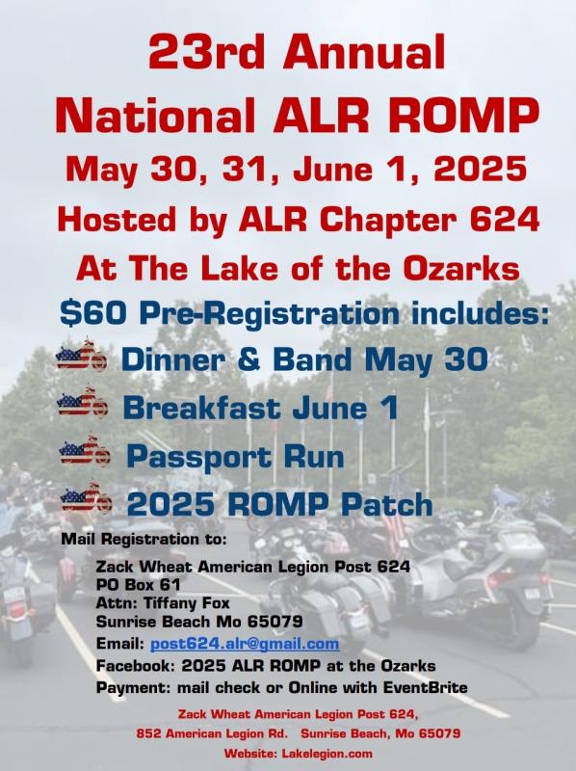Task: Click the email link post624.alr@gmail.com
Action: point(245,643)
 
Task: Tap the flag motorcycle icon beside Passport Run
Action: point(85,450)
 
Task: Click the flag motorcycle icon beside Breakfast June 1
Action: point(83,403)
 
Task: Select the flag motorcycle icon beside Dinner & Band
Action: point(81,355)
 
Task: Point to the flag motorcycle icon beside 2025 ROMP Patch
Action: point(87,497)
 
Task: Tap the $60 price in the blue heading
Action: point(92,314)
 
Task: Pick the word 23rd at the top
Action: point(206,52)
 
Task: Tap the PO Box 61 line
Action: point(138,585)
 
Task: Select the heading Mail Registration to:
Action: point(144,539)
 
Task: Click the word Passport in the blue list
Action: point(198,457)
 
